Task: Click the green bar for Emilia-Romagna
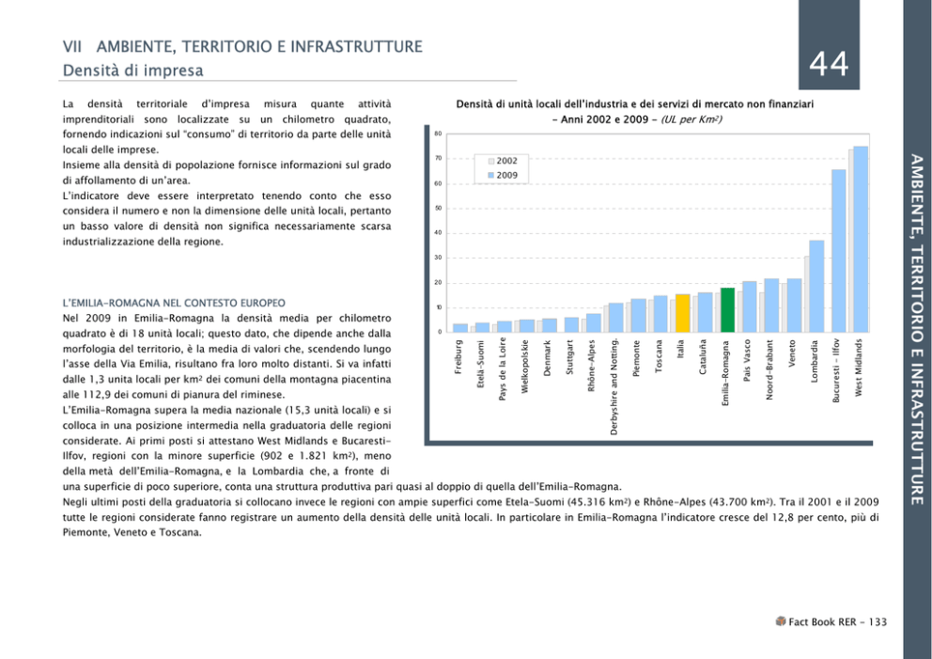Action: pos(728,309)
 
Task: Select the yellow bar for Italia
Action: pos(683,313)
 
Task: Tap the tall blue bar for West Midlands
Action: pos(861,239)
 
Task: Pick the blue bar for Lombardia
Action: pos(816,286)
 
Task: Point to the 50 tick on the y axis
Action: pos(438,208)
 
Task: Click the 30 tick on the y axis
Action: pos(438,258)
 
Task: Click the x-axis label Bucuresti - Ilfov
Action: pos(838,372)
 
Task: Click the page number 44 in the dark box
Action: pos(829,64)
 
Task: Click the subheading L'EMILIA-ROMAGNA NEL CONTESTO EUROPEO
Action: pos(173,304)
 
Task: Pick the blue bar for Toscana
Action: pos(660,314)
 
